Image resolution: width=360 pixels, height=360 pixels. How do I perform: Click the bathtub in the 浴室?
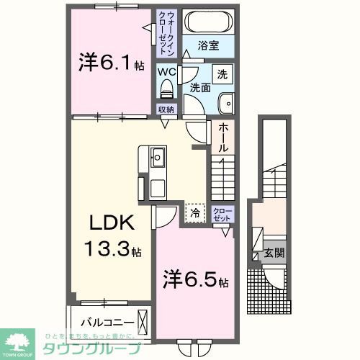(205, 22)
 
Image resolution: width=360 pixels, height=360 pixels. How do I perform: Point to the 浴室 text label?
(210, 45)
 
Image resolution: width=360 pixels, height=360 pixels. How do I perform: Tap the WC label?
(167, 72)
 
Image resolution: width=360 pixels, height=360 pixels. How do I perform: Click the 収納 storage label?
(166, 109)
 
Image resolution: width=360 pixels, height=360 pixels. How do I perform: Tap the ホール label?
(223, 138)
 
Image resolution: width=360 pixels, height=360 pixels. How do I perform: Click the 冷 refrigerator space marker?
(193, 211)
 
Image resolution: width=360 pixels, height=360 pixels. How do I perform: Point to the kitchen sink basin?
(158, 155)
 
